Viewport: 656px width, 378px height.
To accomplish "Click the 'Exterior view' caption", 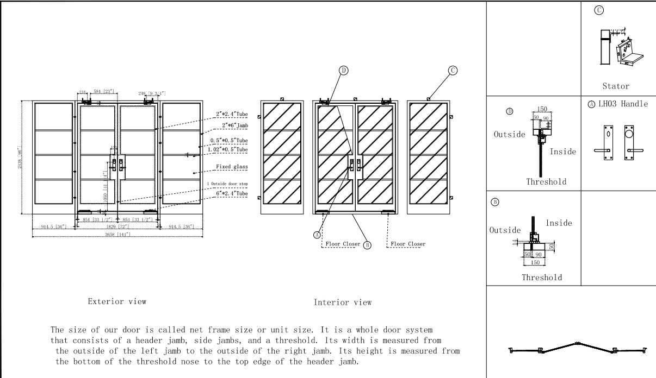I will click(x=117, y=301).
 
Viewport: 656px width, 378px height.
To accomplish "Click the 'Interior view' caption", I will click(x=343, y=303).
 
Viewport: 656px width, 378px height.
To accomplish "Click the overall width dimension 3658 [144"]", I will click(x=117, y=234).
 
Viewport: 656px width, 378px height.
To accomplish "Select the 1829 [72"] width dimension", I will click(x=116, y=226).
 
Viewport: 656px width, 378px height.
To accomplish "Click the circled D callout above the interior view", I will click(x=344, y=70).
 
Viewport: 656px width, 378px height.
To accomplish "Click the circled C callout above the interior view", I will click(x=453, y=70).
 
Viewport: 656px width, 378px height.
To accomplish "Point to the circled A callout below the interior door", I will click(x=316, y=235).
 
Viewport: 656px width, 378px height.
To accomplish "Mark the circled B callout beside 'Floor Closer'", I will click(x=367, y=245).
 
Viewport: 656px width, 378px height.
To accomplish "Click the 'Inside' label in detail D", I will click(x=562, y=152).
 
